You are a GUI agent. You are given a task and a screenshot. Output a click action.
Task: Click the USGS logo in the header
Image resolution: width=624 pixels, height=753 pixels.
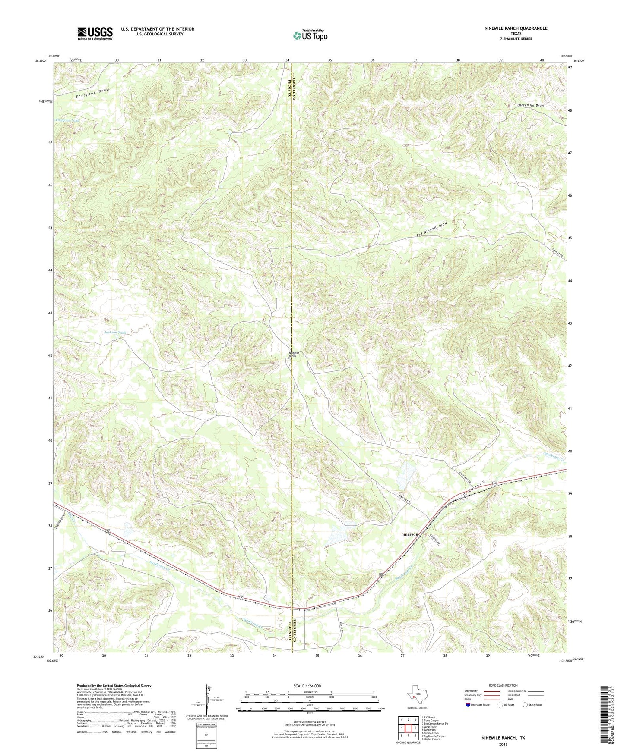tap(95, 33)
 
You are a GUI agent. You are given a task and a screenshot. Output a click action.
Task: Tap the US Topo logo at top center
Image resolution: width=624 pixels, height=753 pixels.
tap(310, 36)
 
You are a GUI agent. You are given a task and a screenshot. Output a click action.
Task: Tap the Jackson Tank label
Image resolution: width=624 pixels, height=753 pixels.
tap(115, 333)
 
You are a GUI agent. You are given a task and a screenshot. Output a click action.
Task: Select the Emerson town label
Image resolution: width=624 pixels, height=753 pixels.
tap(409, 534)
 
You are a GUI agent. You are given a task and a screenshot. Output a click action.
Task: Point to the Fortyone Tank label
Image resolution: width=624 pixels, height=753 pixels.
tap(67, 120)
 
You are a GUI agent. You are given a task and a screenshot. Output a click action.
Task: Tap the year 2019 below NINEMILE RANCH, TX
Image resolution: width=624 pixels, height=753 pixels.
tap(503, 744)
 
